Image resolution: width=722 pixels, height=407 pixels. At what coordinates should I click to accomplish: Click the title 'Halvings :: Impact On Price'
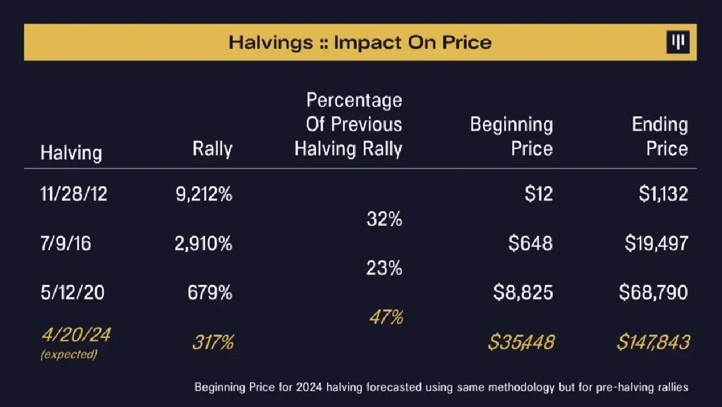point(360,43)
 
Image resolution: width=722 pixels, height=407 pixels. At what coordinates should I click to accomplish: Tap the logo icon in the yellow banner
point(678,43)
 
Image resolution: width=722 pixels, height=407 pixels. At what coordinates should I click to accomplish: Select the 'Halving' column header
point(71,152)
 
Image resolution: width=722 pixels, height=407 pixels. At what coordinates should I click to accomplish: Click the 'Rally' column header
point(212,149)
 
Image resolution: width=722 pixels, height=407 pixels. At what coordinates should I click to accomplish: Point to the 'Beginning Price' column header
point(511,137)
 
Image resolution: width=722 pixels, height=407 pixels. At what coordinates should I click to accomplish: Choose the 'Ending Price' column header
point(660,137)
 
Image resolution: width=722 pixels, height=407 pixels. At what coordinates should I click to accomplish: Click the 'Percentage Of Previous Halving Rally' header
point(348,125)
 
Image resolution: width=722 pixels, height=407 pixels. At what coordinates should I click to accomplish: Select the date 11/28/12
point(74,194)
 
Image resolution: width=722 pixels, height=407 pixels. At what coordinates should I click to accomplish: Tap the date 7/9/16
point(66,244)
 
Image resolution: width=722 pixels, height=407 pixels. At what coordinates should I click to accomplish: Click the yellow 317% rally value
point(213,343)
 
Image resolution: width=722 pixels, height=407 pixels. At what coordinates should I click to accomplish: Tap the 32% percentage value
point(384,220)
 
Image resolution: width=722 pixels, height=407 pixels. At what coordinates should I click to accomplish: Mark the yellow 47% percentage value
point(385,317)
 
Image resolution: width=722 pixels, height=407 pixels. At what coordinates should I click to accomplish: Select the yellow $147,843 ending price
point(653,343)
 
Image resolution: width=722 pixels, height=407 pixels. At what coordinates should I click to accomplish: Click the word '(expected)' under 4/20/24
point(69,355)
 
